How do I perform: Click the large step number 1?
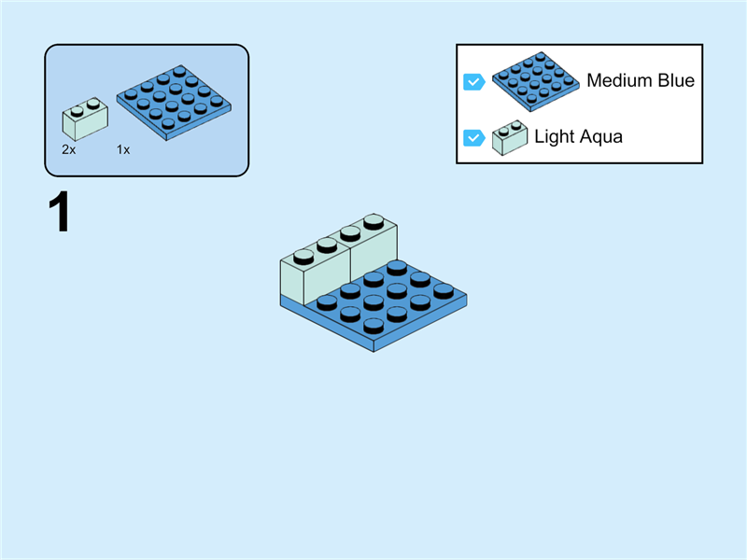pos(59,213)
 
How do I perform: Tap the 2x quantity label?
pos(68,149)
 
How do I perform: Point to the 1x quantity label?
pos(123,149)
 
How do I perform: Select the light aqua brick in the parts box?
pos(84,120)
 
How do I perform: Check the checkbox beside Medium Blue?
pos(473,82)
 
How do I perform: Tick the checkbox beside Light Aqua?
pos(473,138)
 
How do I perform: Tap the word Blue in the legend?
pos(676,81)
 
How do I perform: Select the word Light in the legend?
pos(553,137)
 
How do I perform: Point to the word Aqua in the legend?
pos(600,137)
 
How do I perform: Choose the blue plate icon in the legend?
pos(535,81)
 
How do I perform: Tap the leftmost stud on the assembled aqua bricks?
pos(303,255)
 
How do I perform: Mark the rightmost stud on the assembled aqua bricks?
pos(373,221)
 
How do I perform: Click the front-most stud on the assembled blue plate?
pos(373,325)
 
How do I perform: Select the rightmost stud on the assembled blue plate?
pos(444,289)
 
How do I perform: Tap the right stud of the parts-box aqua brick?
pos(93,103)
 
